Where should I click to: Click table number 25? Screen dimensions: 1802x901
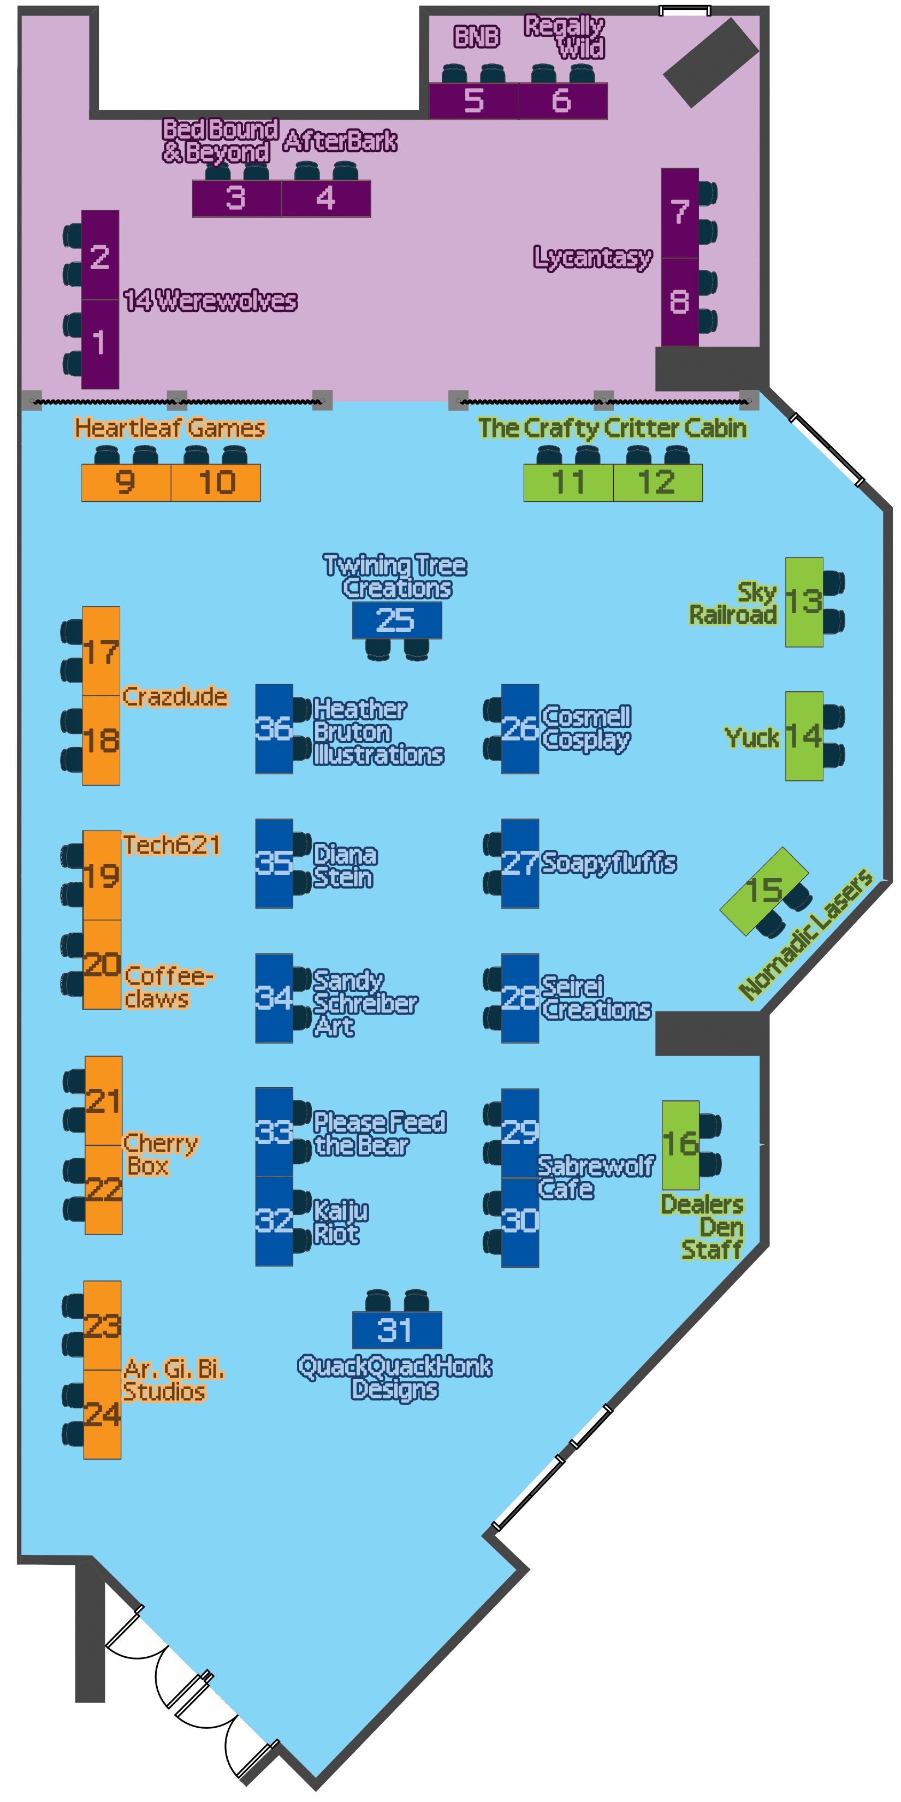[x=396, y=620]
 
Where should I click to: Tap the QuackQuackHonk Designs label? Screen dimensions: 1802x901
[x=395, y=1377]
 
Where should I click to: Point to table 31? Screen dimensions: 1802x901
[x=396, y=1330]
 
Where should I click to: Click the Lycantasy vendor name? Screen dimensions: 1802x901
[x=592, y=257]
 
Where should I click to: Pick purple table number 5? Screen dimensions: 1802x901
[x=473, y=100]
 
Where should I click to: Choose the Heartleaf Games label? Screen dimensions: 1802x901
[x=170, y=428]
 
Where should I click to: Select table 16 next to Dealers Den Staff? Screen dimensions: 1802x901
[x=680, y=1145]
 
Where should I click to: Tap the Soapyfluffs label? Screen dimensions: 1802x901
[x=609, y=863]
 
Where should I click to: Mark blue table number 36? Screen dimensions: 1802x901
[x=274, y=729]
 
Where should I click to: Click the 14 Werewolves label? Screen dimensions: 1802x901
[x=210, y=300]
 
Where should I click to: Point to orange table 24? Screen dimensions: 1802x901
[x=102, y=1414]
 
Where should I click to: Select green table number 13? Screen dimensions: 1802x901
[x=803, y=602]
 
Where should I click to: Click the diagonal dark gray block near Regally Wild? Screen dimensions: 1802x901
[x=711, y=63]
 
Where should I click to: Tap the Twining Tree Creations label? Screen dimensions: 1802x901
[x=395, y=577]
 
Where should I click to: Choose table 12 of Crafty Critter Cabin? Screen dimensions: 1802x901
[x=657, y=482]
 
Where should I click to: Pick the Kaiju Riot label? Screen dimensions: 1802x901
[x=340, y=1222]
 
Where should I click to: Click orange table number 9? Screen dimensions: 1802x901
[x=126, y=482]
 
